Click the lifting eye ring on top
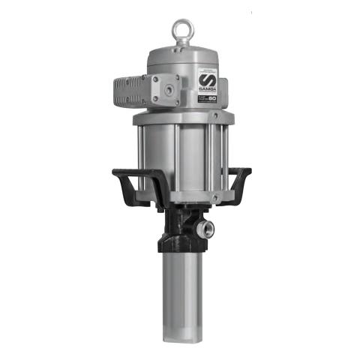(179, 31)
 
